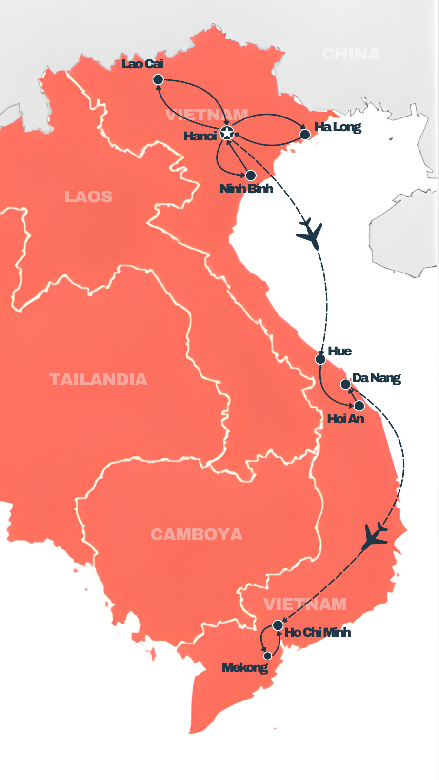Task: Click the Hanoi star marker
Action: [227, 133]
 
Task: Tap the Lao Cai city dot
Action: [158, 79]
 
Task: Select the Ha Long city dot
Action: [305, 134]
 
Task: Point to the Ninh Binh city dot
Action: [251, 175]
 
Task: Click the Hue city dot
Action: [320, 359]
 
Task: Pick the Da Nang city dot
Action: [345, 384]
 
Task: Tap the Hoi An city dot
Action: [359, 406]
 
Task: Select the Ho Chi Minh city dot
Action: [278, 625]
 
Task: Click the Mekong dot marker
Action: [267, 656]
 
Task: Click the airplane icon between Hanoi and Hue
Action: [310, 234]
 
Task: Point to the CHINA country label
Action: [351, 54]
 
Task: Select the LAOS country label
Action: [88, 196]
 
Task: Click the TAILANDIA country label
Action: [98, 379]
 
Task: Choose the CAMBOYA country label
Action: [197, 534]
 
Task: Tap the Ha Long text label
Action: [338, 127]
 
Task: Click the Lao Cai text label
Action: [142, 64]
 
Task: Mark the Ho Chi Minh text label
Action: [318, 632]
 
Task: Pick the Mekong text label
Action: [245, 667]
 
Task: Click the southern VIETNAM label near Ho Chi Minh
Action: [305, 604]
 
